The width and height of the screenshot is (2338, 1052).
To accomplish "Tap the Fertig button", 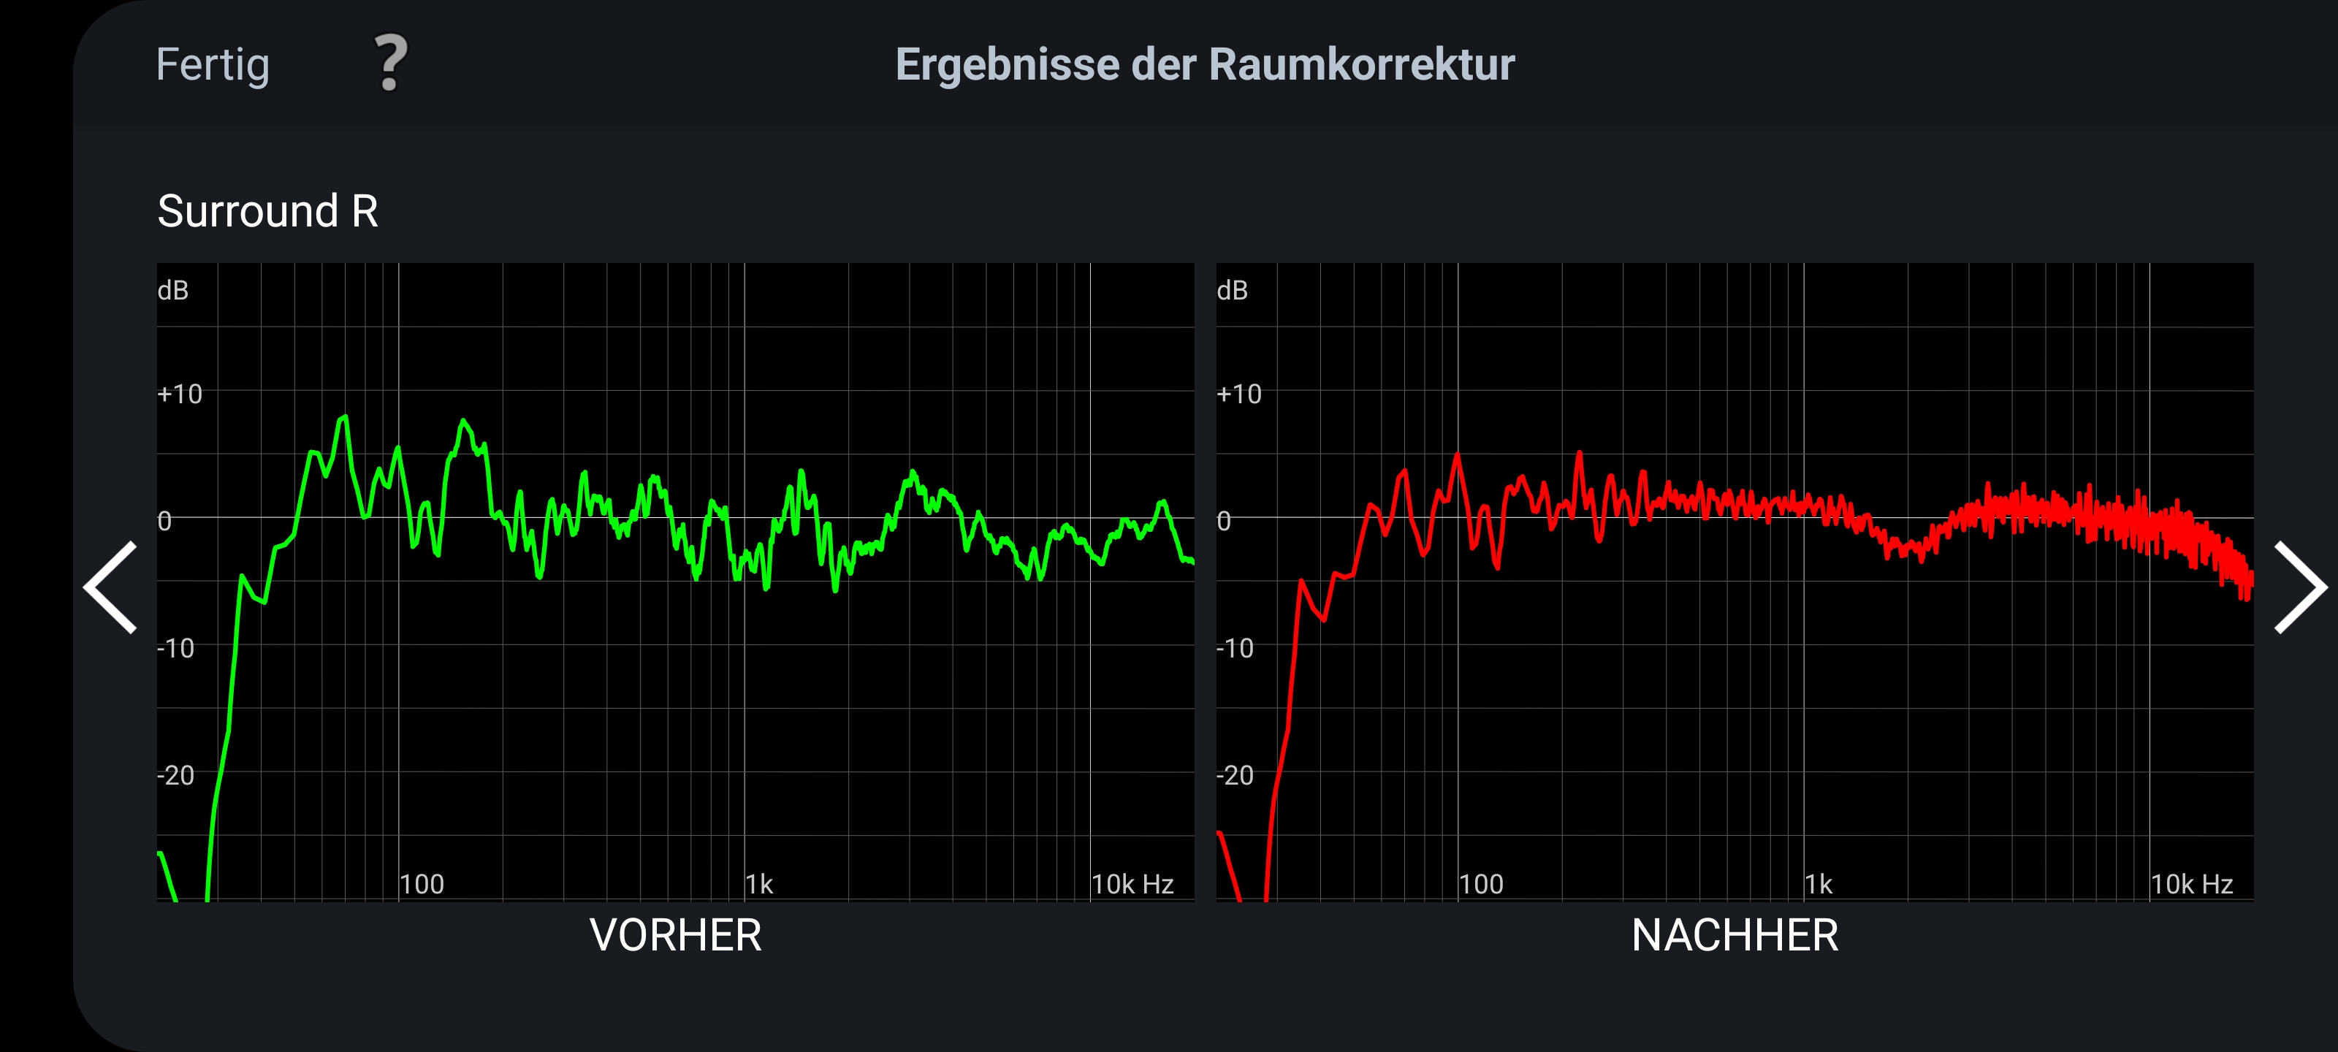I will click(213, 64).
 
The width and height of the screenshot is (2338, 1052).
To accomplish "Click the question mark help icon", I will click(391, 64).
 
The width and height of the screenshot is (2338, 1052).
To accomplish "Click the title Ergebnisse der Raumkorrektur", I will click(1204, 64).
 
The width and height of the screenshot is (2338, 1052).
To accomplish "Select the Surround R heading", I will click(267, 210).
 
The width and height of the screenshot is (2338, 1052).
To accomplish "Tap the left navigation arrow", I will click(111, 587).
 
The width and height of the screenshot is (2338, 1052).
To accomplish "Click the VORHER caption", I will click(675, 935).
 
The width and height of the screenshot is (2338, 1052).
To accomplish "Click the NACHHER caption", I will click(1735, 935).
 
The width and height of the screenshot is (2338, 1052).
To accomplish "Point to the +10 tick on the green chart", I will click(180, 394).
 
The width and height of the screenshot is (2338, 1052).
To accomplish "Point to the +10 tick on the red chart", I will click(1239, 394).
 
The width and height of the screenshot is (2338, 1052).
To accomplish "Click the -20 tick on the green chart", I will click(176, 775).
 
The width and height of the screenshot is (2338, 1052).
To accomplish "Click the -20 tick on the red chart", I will click(1235, 775).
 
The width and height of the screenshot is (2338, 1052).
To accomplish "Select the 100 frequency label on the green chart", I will click(422, 884).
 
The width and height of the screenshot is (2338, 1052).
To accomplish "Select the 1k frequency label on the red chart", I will click(1818, 884).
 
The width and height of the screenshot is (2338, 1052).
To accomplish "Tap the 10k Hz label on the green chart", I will click(1132, 884).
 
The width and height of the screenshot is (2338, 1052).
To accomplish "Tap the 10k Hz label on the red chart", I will click(2191, 884).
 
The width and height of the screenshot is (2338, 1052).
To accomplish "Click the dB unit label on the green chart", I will click(172, 291).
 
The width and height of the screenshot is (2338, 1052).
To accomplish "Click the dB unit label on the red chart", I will click(1232, 291).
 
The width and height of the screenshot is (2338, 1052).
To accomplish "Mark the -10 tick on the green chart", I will click(176, 648).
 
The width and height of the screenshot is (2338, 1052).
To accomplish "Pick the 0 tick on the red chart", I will click(1224, 521).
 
